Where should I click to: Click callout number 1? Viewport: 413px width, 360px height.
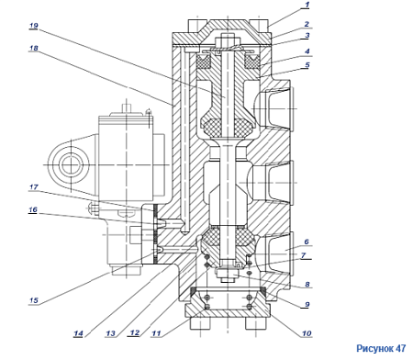click(307, 5)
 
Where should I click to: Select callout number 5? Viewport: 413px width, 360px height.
click(307, 65)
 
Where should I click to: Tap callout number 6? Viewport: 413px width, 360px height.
click(307, 242)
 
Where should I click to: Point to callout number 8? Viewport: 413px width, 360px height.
click(307, 285)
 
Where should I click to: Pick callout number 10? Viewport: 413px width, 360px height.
click(307, 333)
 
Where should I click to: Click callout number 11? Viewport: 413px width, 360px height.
click(156, 333)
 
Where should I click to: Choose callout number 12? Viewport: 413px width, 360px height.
click(135, 332)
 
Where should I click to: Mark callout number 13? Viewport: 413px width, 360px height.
click(110, 333)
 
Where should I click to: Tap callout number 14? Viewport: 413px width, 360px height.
click(78, 333)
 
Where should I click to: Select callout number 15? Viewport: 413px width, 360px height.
click(33, 300)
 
